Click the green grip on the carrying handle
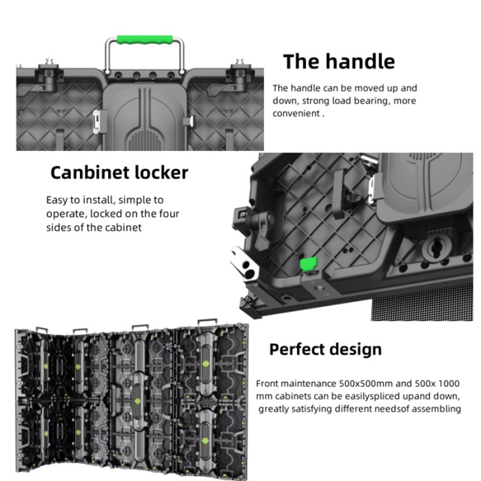[x=145, y=40]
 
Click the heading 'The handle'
[x=339, y=61]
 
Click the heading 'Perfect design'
[x=325, y=350]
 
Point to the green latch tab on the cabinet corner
[x=308, y=264]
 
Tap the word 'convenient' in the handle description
[x=296, y=114]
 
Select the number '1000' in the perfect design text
[x=449, y=384]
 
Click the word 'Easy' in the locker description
[x=57, y=200]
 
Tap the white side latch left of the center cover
[x=96, y=122]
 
